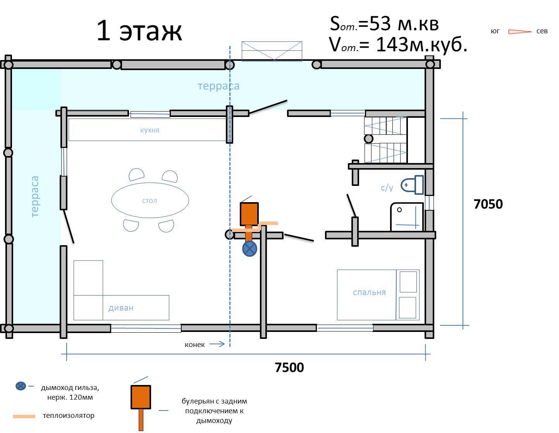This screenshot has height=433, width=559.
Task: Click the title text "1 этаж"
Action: (x=139, y=31)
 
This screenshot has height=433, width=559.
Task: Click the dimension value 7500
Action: (x=289, y=367)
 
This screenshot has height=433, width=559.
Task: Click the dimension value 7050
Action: (x=488, y=204)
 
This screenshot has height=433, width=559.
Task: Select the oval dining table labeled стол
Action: (x=150, y=200)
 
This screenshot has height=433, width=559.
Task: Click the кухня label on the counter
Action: (x=150, y=130)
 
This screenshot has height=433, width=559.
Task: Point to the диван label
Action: (x=121, y=308)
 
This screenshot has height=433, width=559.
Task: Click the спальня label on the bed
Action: (x=369, y=292)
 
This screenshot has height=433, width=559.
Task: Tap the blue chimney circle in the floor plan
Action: (x=249, y=249)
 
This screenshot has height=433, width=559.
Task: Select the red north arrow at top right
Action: (x=520, y=32)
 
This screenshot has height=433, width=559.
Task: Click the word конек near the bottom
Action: (x=194, y=345)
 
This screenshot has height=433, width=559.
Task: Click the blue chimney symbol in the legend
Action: (x=21, y=386)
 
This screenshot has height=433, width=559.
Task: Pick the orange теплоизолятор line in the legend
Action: (x=24, y=416)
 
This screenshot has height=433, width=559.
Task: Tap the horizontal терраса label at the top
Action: (x=218, y=86)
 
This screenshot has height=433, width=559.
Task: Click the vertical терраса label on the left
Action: (x=34, y=196)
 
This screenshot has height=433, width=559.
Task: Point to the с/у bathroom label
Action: (x=387, y=188)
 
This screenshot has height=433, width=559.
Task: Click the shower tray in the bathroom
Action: (x=407, y=217)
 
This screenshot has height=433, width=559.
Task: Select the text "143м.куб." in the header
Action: (x=421, y=45)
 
